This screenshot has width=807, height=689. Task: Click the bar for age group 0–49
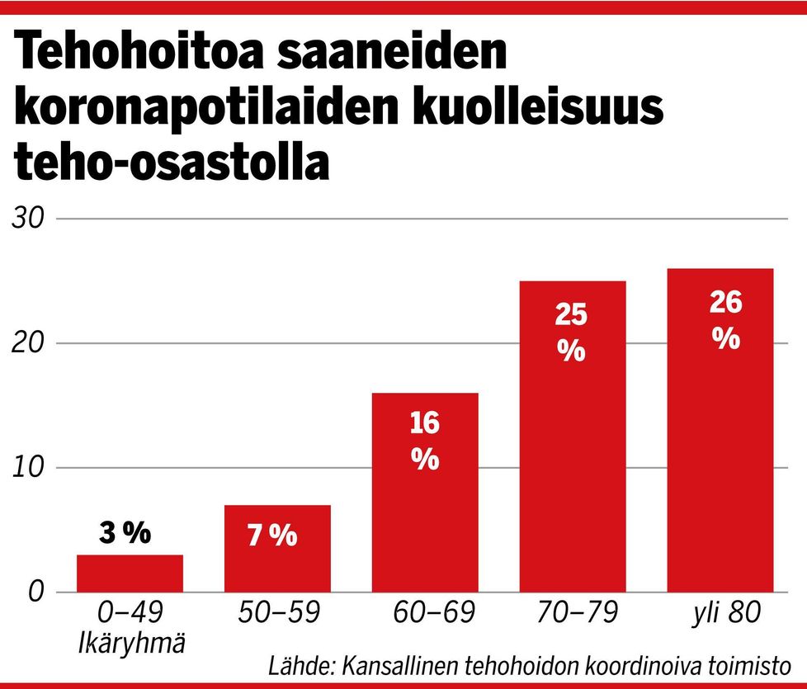point(130,573)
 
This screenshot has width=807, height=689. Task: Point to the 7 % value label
point(272,536)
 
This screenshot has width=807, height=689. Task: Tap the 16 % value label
point(425,441)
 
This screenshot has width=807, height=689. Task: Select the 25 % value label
point(571,333)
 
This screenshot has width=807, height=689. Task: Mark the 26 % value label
point(725,321)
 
